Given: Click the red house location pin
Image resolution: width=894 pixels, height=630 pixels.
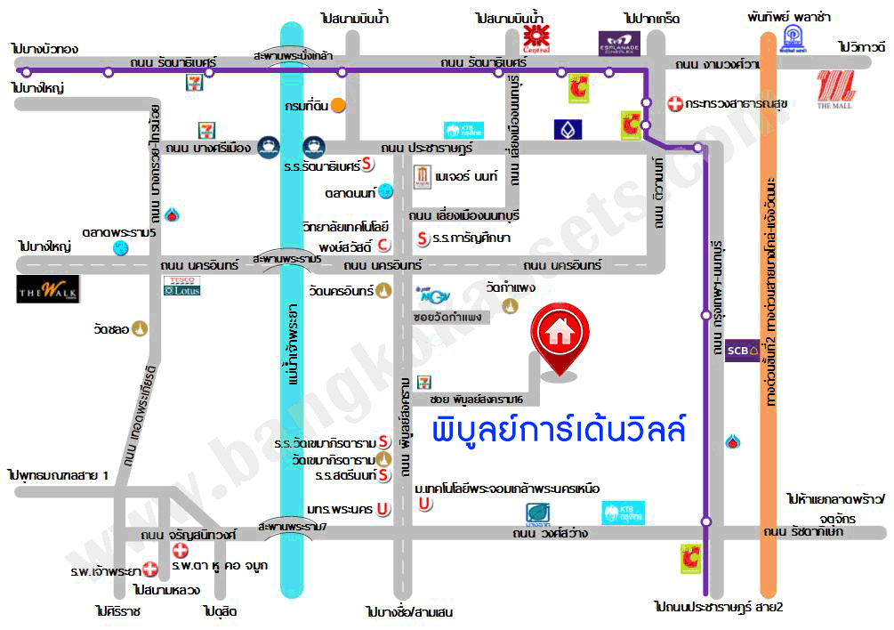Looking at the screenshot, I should pyautogui.click(x=559, y=338).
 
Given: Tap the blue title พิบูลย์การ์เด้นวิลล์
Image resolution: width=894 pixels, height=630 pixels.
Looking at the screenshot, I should pyautogui.click(x=559, y=431).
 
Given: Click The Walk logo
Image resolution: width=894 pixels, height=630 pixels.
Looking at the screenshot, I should pyautogui.click(x=48, y=289).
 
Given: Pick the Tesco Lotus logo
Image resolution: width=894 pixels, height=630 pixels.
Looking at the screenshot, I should pyautogui.click(x=182, y=286).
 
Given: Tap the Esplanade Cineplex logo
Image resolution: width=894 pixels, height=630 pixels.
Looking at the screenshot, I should pyautogui.click(x=619, y=41).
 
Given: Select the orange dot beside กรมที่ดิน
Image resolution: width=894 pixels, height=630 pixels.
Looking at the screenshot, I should pyautogui.click(x=339, y=105).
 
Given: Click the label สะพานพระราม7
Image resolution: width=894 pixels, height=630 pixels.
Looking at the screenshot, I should pyautogui.click(x=293, y=526).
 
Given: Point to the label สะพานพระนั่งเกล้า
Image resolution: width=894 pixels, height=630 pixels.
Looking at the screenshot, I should pyautogui.click(x=293, y=55).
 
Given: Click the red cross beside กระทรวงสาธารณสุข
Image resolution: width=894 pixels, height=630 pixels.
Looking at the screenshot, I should pyautogui.click(x=675, y=104).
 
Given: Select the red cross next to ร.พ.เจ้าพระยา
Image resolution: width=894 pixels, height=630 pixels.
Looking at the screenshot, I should pyautogui.click(x=150, y=569).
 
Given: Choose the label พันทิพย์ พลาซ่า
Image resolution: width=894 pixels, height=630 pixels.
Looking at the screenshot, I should pyautogui.click(x=787, y=16).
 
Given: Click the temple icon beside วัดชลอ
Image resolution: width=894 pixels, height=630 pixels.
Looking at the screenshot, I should pyautogui.click(x=141, y=329).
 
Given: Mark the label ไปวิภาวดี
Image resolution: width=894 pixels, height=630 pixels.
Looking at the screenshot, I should pyautogui.click(x=862, y=46).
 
